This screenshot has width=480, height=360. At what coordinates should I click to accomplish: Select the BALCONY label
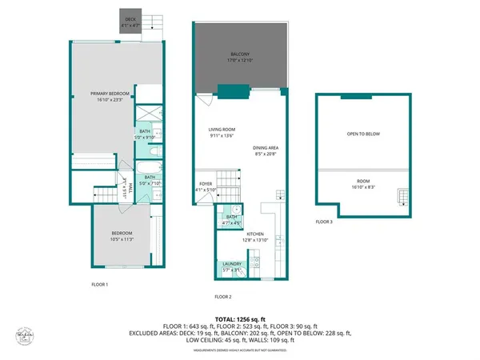pos(241,54)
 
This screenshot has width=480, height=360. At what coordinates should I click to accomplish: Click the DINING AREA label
pos(266,148)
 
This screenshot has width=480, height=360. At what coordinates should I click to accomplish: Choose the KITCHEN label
pos(244,234)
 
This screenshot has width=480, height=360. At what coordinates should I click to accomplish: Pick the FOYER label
pos(206,184)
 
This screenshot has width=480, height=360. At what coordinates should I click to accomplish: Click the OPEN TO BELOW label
pos(363,134)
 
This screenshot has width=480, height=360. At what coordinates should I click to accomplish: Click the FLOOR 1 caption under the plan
pos(100,284)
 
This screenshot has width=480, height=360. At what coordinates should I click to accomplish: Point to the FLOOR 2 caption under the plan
pos(223,297)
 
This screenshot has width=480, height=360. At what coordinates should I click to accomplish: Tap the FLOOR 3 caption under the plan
pos(323,221)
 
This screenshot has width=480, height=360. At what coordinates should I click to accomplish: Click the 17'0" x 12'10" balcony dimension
pos(241,60)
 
